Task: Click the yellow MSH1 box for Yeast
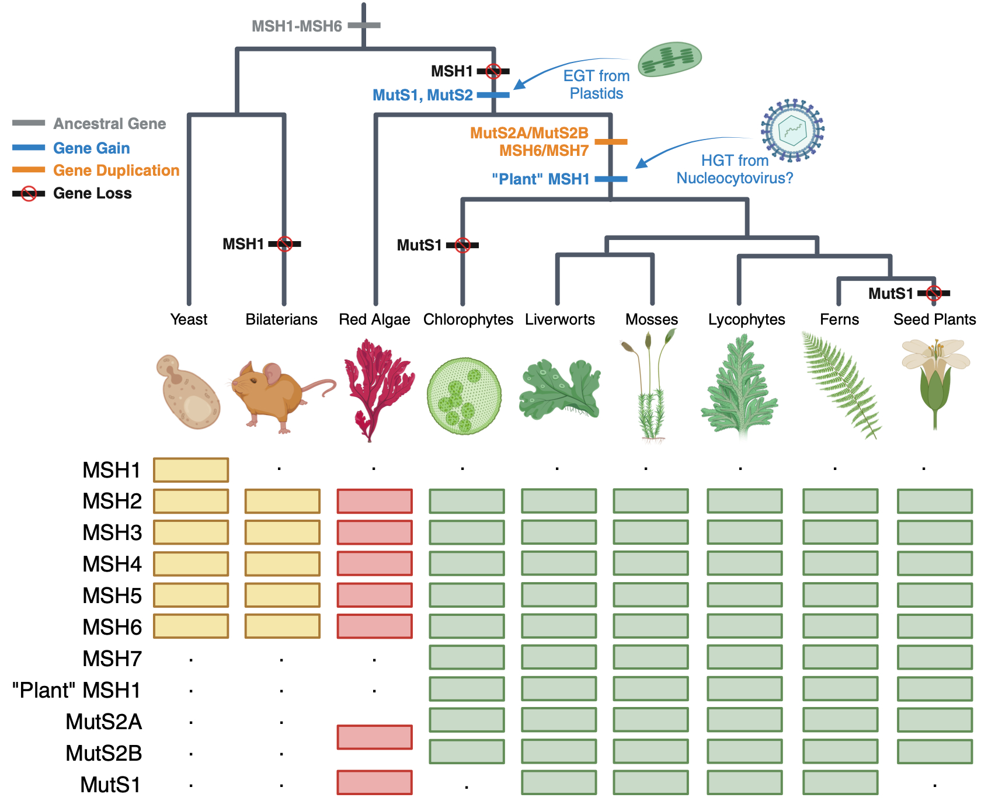tap(191, 470)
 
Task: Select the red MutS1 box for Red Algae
tap(374, 782)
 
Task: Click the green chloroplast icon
tap(669, 59)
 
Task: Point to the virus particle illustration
tap(792, 130)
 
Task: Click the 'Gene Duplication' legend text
tap(116, 170)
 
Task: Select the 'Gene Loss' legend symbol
tap(29, 194)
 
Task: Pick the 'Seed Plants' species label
tap(934, 319)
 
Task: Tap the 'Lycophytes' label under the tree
tap(746, 319)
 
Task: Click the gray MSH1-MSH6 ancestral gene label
tap(297, 26)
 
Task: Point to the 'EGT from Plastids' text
tap(596, 85)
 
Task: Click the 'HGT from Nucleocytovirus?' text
tap(735, 169)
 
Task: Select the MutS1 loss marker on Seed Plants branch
tap(934, 293)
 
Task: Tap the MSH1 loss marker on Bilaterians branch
tap(284, 244)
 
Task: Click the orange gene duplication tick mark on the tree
tap(611, 142)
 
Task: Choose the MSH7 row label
tap(112, 659)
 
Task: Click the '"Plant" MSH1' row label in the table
tap(76, 690)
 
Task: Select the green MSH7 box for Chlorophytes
tap(467, 657)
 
